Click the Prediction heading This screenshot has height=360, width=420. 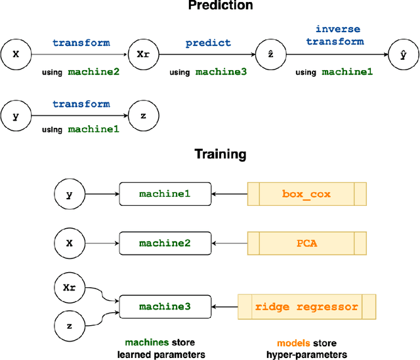click(220, 6)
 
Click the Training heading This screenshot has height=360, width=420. click(220, 155)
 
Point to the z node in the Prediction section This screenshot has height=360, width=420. click(143, 115)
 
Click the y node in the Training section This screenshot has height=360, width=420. click(68, 194)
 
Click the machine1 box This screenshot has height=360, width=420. click(165, 194)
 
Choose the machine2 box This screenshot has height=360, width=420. click(165, 243)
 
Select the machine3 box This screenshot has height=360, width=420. click(165, 306)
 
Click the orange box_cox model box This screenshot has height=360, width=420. click(306, 194)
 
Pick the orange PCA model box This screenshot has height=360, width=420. click(306, 243)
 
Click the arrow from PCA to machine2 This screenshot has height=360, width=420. click(230, 243)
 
